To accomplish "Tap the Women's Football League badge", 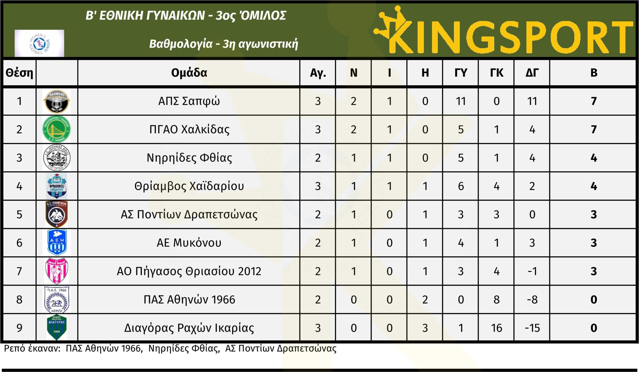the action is point(39,43).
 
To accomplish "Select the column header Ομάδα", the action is point(189,73).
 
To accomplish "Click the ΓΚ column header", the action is point(496,73).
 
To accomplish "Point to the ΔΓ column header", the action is point(532,73).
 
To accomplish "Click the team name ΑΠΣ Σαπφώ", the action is point(189,101).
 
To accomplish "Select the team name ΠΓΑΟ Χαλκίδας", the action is point(189,130).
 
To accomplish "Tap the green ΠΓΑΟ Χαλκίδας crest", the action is point(56,129).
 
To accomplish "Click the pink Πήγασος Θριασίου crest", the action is point(56,271).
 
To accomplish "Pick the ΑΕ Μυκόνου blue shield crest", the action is point(57,242).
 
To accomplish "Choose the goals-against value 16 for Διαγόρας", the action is point(496,328).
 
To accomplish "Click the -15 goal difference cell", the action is point(532,328).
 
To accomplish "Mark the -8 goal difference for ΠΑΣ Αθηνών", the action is point(532,300).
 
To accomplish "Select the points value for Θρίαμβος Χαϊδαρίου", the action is point(594,186).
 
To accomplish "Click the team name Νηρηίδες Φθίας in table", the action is point(189,158).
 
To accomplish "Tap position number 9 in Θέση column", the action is point(19,328).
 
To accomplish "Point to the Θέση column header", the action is point(19,73).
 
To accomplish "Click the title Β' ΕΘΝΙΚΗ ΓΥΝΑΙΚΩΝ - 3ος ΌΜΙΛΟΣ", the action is point(186,16).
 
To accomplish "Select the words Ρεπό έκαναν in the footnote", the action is point(32,348).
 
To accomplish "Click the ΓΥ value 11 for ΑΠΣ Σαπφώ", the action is point(461,101).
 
